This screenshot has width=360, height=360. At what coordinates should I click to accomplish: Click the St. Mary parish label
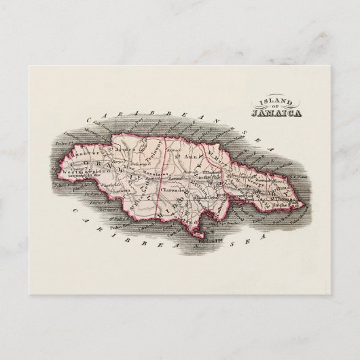(219, 161)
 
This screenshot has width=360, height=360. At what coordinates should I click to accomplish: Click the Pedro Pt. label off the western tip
(53, 145)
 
